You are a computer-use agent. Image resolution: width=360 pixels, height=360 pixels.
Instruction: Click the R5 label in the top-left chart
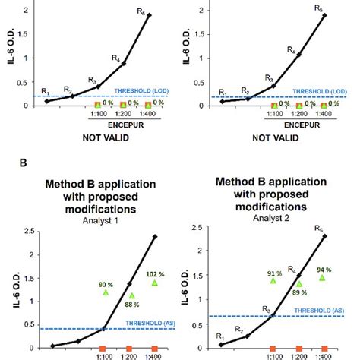pos(150,8)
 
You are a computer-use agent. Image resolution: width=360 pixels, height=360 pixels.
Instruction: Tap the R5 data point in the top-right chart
pos(325,15)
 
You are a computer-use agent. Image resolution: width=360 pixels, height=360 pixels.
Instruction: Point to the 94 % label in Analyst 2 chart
pos(324,270)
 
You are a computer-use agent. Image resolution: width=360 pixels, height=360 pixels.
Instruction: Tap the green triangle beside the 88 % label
pos(131,296)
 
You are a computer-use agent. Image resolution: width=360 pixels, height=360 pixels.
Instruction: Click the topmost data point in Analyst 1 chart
pos(155,237)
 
